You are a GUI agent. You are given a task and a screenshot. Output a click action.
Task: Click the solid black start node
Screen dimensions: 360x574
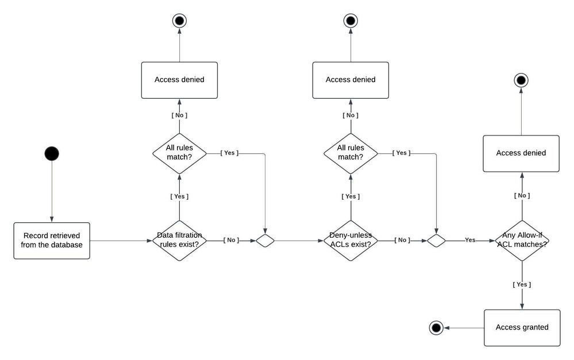pyautogui.click(x=52, y=153)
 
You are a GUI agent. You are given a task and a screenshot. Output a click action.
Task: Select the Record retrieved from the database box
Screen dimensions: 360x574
pyautogui.click(x=52, y=241)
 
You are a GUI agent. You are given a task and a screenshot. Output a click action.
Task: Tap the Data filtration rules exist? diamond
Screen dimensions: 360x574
pyautogui.click(x=179, y=241)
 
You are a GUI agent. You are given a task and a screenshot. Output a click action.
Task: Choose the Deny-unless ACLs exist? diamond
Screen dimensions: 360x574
pyautogui.click(x=350, y=241)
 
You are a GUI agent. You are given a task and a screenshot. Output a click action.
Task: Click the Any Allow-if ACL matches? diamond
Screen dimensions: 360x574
pyautogui.click(x=522, y=241)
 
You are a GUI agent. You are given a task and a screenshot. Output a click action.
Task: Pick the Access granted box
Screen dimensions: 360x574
pyautogui.click(x=522, y=327)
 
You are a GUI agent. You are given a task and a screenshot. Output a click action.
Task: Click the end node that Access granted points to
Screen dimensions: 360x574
pyautogui.click(x=436, y=328)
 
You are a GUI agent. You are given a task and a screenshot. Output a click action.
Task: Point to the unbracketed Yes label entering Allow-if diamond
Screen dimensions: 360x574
pyautogui.click(x=470, y=240)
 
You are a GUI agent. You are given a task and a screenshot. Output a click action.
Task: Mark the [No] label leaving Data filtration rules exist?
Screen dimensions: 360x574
pyautogui.click(x=231, y=240)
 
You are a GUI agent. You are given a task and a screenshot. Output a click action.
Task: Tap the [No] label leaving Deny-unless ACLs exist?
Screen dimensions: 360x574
pyautogui.click(x=402, y=240)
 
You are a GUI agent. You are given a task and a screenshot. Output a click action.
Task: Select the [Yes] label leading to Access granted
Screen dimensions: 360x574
pyautogui.click(x=522, y=284)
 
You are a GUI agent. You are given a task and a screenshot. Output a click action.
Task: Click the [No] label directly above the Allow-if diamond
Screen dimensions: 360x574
pyautogui.click(x=522, y=196)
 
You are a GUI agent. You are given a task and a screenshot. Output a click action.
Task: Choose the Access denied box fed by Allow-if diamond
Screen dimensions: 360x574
pyautogui.click(x=521, y=153)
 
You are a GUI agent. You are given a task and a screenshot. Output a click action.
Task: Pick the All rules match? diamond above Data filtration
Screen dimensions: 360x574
pyautogui.click(x=179, y=153)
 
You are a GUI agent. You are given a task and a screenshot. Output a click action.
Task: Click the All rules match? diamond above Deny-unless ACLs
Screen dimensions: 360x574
pyautogui.click(x=350, y=153)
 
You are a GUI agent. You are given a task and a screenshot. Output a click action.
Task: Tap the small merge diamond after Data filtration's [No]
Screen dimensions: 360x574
pyautogui.click(x=265, y=241)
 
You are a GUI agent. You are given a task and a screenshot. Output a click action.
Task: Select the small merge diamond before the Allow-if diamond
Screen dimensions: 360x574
pyautogui.click(x=436, y=241)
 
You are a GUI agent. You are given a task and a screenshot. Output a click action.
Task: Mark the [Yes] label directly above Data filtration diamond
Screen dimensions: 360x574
pyautogui.click(x=179, y=196)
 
